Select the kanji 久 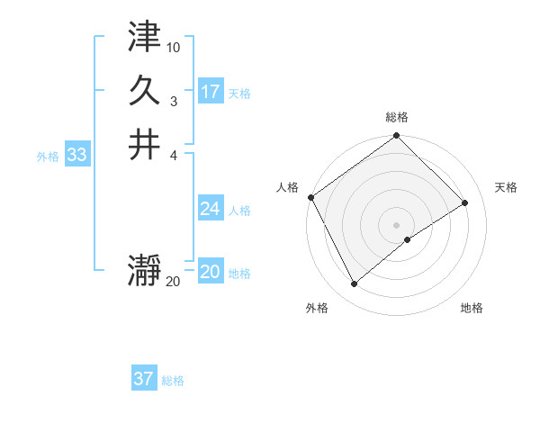point(145,89)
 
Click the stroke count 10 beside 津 point(174,46)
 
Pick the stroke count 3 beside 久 point(174,102)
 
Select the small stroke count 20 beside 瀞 point(173,282)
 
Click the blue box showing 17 point(211,92)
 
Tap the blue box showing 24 point(211,209)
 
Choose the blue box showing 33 point(77,155)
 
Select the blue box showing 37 point(144,379)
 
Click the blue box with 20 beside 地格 point(211,273)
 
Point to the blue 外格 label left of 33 point(48,156)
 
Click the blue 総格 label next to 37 point(173,381)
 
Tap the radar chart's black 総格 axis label point(397,117)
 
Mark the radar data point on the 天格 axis point(465,202)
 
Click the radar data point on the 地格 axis point(408,239)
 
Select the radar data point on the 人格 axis point(310,197)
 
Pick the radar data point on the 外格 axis point(355,284)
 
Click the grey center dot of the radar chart point(397,224)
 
